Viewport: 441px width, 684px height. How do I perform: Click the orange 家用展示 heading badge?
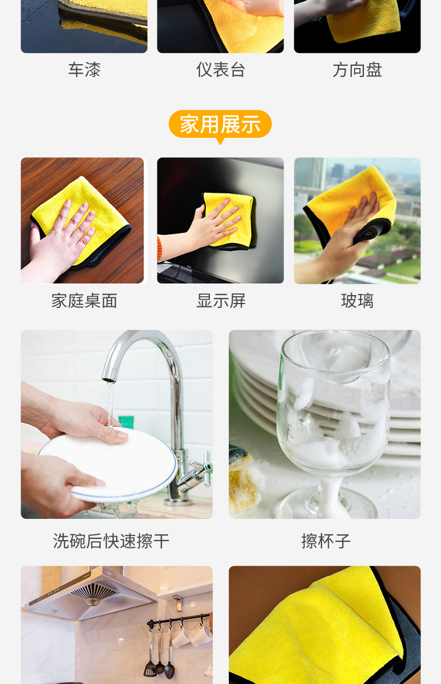(x=220, y=124)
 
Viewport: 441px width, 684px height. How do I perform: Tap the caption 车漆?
(x=84, y=70)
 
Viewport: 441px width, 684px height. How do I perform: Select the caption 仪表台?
(x=220, y=70)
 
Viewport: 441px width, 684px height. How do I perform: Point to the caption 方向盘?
(x=357, y=70)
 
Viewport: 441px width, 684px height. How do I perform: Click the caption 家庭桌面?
(x=84, y=301)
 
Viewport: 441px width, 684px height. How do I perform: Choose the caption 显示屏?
(x=220, y=301)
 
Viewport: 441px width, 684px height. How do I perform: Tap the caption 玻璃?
(x=357, y=301)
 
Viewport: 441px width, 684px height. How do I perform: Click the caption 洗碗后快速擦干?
(x=111, y=541)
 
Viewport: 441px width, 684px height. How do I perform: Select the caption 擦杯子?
(x=326, y=541)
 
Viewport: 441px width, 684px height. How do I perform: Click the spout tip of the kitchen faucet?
(x=109, y=380)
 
